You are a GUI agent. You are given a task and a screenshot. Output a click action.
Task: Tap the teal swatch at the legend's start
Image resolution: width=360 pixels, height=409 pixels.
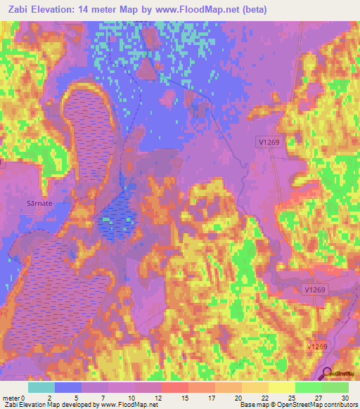(x=41, y=387)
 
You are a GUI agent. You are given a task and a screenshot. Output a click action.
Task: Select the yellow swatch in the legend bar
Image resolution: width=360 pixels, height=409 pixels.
(x=281, y=387)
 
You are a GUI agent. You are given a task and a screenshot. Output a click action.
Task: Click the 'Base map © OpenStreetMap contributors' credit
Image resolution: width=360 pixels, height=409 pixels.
(x=298, y=405)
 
